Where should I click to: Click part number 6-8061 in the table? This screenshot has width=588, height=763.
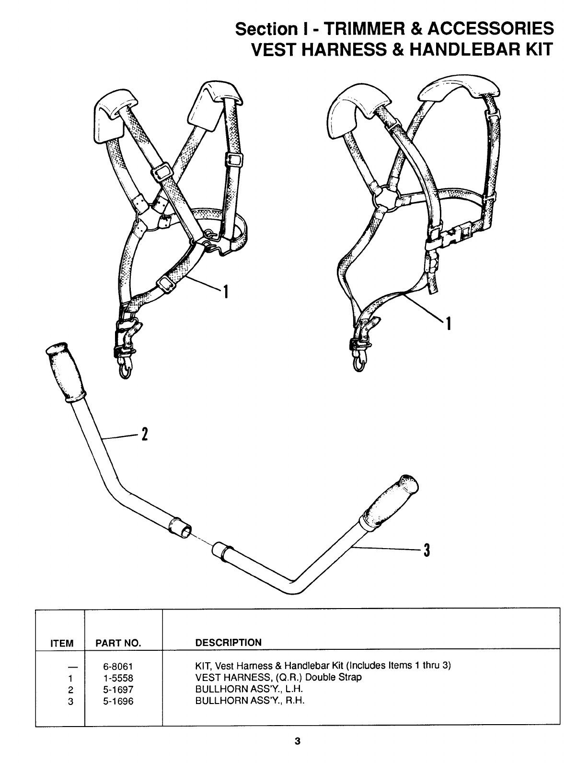[x=118, y=666]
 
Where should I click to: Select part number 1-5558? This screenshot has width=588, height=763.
[x=118, y=678]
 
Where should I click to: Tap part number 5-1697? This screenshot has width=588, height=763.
[x=118, y=690]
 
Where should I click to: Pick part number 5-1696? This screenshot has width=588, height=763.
[x=118, y=701]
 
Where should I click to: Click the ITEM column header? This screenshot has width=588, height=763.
[x=62, y=644]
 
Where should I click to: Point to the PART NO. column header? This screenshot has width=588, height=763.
[x=118, y=644]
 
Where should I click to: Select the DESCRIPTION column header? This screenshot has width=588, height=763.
[x=229, y=643]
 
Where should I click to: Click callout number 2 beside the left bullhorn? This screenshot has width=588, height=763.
[x=144, y=435]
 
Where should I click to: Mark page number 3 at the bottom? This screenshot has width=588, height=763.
[x=297, y=741]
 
